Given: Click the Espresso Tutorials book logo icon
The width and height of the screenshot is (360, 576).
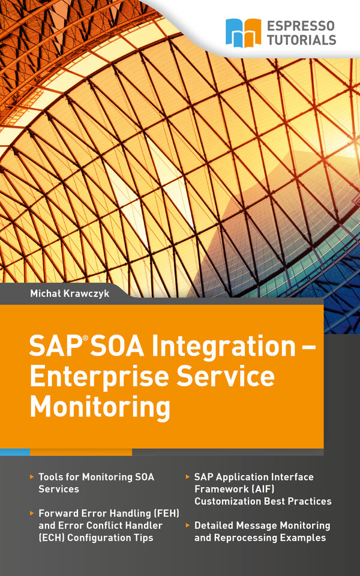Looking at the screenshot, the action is [243, 33].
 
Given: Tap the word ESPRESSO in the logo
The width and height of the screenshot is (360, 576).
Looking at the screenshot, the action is [301, 26].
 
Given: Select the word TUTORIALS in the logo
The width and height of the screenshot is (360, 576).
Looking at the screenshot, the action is [301, 40].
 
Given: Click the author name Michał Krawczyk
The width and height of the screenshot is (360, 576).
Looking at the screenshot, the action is [70, 293].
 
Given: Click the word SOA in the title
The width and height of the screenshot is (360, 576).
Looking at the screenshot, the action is [117, 346].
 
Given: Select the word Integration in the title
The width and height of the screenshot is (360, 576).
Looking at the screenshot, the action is [224, 348].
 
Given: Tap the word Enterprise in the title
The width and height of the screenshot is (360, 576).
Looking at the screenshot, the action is [99, 378].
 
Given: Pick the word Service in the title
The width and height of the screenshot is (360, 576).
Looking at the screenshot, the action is [226, 376].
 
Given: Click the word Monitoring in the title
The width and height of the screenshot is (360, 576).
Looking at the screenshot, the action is [100, 408].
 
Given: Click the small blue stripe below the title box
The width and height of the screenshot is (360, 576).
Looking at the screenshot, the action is [15, 452].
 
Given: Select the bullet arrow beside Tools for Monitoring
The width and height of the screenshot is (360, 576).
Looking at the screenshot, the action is [32, 477].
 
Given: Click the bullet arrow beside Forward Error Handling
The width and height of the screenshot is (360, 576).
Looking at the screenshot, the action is [32, 513].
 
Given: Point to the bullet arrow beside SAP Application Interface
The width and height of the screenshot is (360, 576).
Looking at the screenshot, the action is [188, 477].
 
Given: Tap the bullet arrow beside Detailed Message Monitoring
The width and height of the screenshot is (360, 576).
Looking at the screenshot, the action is [188, 526].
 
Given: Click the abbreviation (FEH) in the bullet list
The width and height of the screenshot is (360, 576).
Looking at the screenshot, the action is [166, 514].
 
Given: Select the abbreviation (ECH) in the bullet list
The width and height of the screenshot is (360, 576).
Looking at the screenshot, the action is [52, 538].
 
